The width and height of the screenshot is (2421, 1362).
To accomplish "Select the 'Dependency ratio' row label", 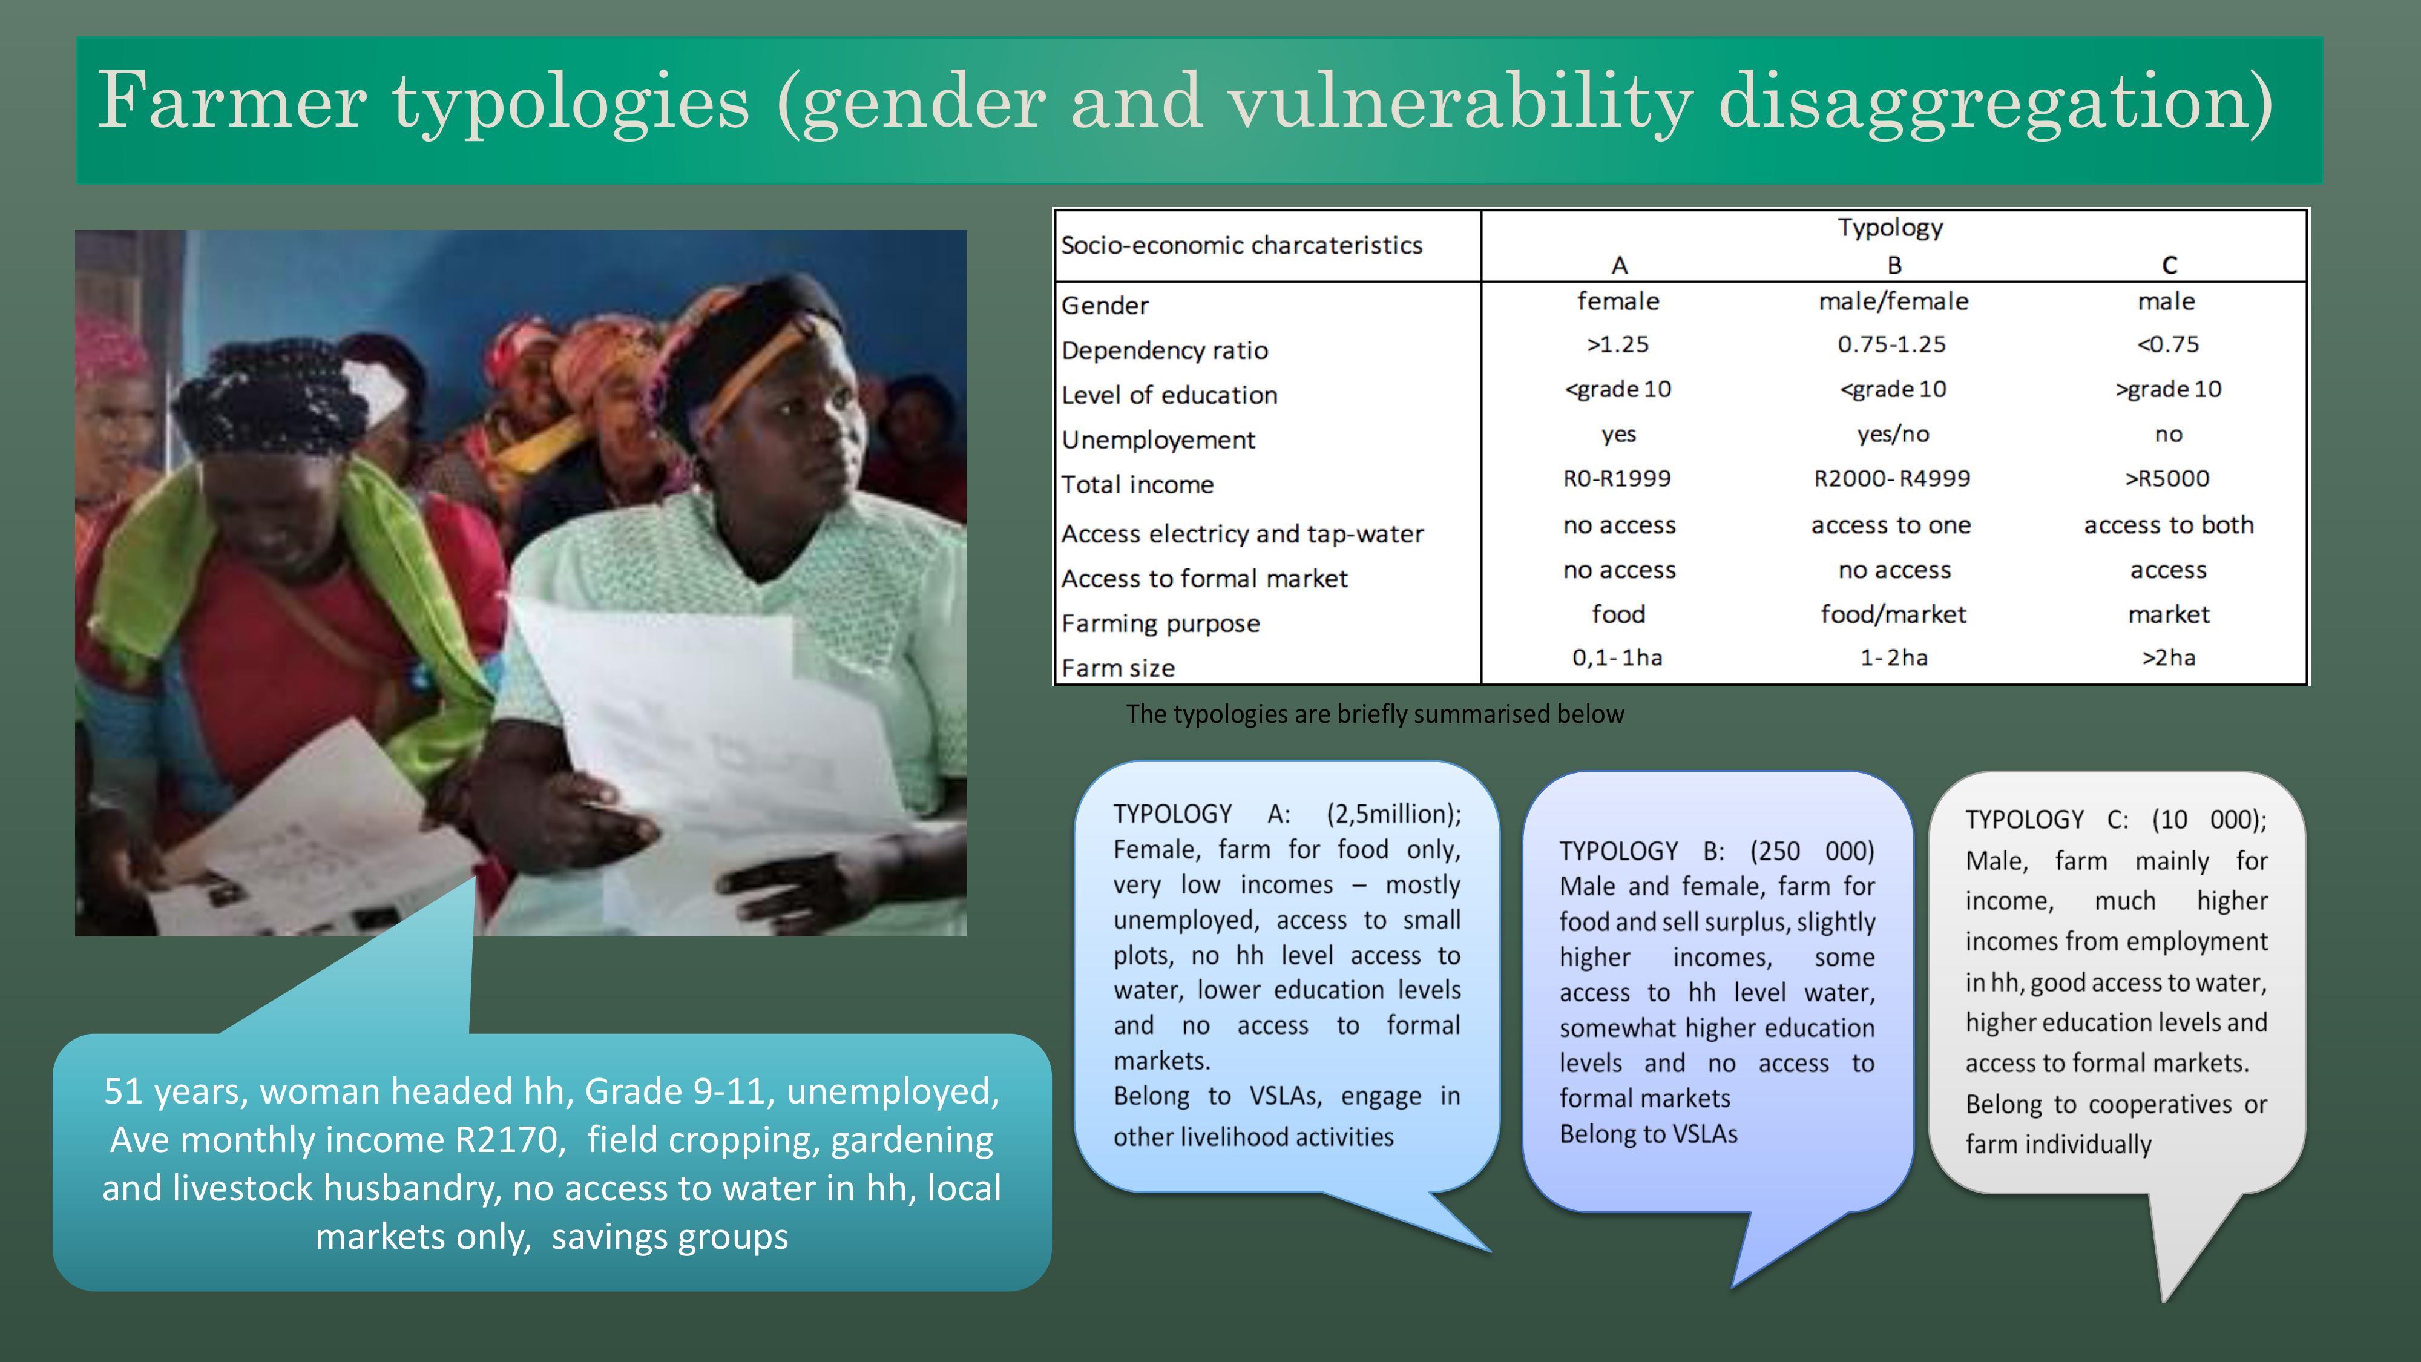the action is [1165, 350].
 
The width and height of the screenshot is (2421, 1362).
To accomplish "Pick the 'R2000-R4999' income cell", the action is [1892, 478].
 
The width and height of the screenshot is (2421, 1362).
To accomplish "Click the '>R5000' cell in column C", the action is [2167, 478].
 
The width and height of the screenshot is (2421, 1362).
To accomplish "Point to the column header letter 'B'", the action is [1894, 266].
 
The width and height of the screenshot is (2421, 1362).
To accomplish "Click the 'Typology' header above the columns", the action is [1891, 228].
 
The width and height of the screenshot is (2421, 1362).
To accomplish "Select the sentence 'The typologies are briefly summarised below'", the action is [1375, 714].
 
